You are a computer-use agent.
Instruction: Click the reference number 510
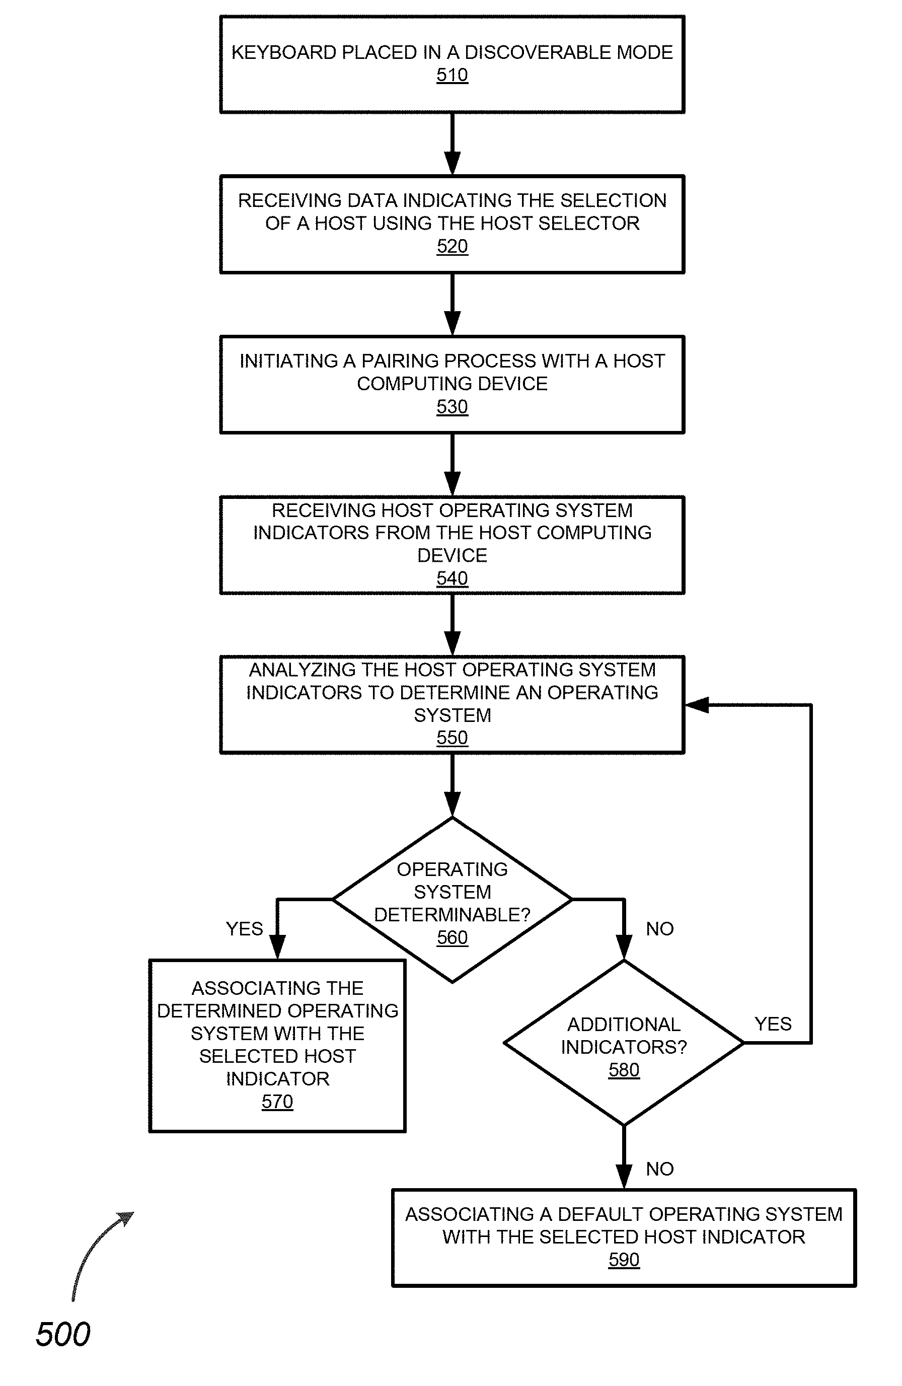(x=452, y=75)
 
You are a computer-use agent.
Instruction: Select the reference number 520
(x=452, y=246)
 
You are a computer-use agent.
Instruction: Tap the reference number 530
(x=452, y=406)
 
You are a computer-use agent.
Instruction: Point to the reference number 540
(x=452, y=578)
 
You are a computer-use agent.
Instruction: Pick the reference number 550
(x=452, y=738)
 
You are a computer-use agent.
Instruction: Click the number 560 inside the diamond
(x=452, y=937)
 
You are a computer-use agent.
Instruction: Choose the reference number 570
(x=277, y=1102)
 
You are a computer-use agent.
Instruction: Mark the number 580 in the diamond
(x=624, y=1070)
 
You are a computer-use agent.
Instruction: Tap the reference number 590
(x=624, y=1260)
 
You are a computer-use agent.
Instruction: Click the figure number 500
(x=63, y=1334)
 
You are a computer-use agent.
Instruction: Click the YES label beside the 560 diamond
(x=244, y=929)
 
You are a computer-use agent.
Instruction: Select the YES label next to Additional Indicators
(x=773, y=1024)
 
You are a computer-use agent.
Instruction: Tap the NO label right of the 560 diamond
(x=660, y=929)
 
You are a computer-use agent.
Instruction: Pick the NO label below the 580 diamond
(x=660, y=1169)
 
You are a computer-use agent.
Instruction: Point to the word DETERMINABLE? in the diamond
(x=452, y=915)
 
